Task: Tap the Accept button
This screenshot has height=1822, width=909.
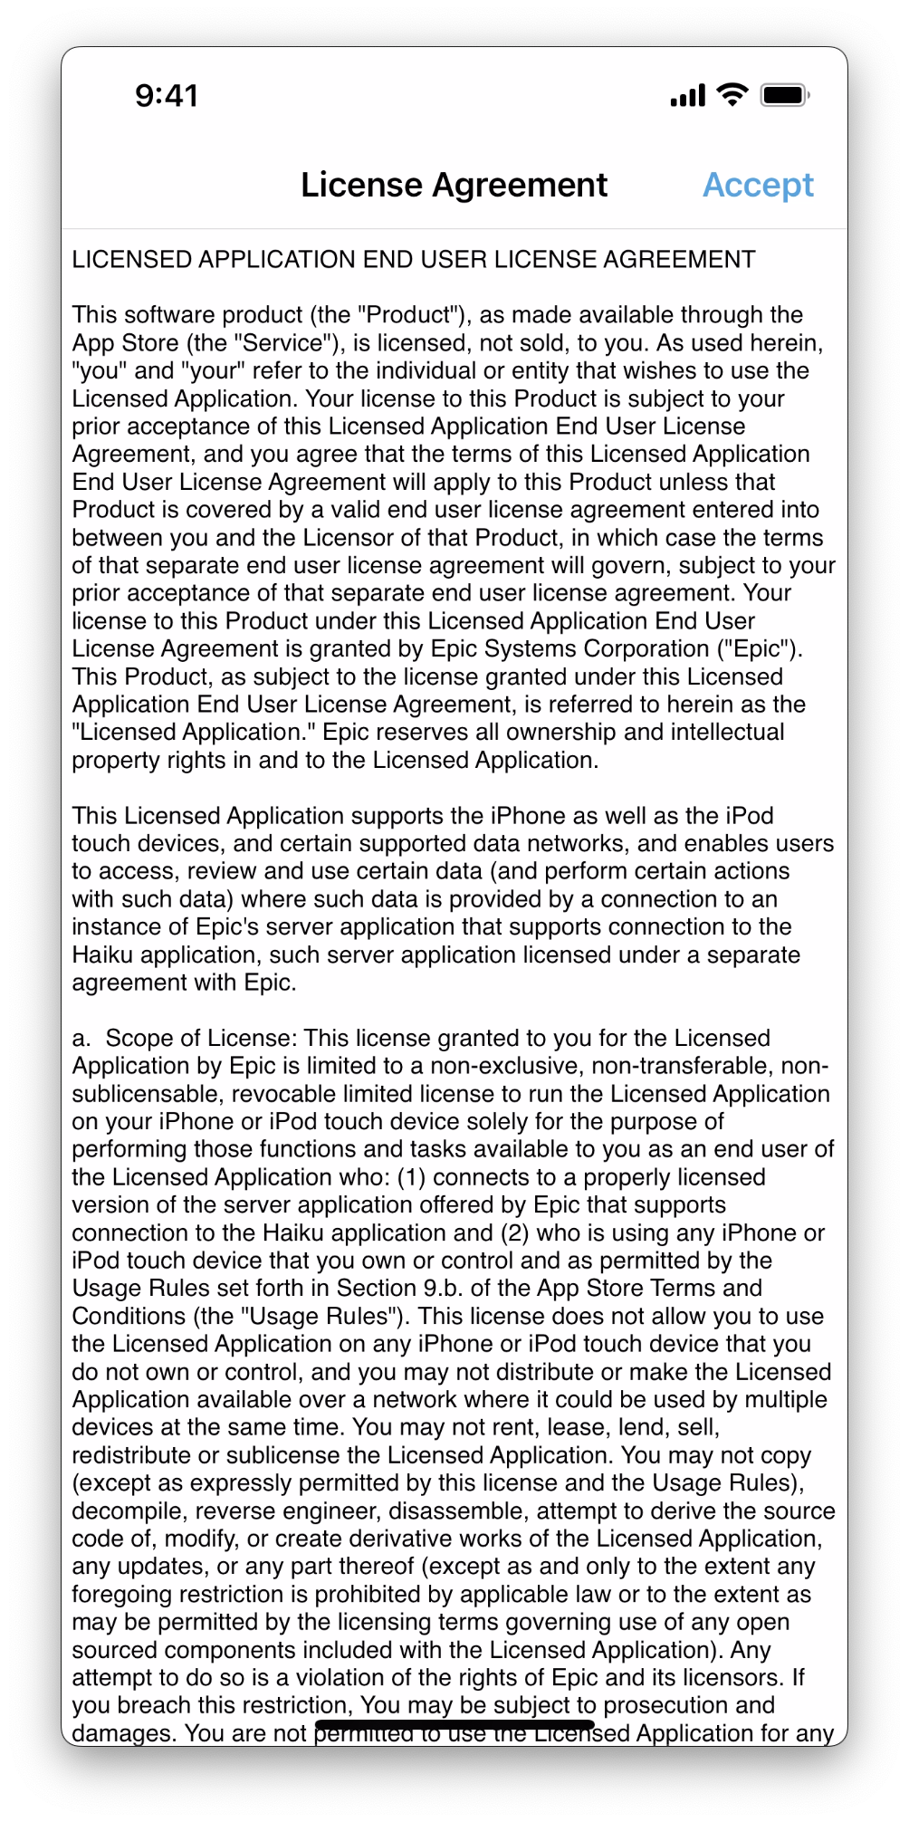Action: (758, 185)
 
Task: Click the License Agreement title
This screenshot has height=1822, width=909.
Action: (454, 185)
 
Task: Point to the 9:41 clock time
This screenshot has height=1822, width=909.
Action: (167, 95)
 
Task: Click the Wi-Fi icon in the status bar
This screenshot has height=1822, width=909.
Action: (732, 94)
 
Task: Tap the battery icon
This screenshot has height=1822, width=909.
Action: (784, 94)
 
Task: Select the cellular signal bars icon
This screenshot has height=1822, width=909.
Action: (687, 94)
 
